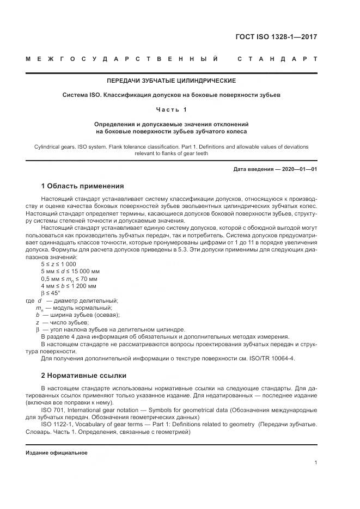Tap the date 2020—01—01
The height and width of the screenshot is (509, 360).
click(x=299, y=169)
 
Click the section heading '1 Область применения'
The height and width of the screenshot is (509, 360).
click(x=82, y=186)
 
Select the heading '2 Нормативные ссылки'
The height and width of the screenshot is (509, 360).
click(x=83, y=375)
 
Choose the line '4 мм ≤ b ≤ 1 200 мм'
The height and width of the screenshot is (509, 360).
click(x=68, y=285)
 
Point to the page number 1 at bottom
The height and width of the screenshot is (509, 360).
click(x=316, y=462)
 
